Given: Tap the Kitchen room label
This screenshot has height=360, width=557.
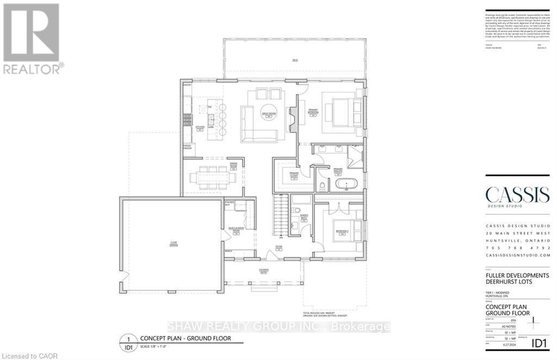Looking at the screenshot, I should pos(200,128).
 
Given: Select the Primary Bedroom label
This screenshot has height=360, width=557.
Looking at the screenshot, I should pos(313,111).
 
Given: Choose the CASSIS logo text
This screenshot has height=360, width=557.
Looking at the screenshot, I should pos(517,195).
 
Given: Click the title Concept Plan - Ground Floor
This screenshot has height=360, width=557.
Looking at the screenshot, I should pos(185,338).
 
